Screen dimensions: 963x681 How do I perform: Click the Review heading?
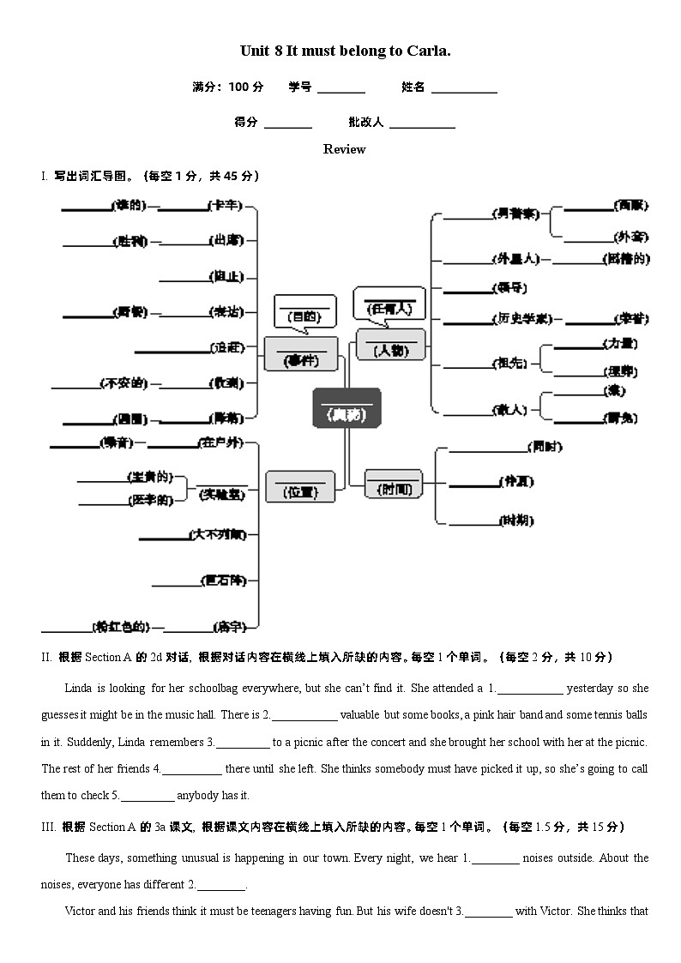tap(344, 149)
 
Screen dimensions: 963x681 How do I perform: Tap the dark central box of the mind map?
tap(347, 408)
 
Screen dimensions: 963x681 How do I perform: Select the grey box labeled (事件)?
tap(300, 354)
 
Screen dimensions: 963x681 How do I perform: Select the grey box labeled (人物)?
tap(390, 345)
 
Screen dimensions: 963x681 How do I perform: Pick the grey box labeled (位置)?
tap(300, 486)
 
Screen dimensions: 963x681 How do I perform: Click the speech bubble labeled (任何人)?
tap(389, 302)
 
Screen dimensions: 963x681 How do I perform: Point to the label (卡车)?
tap(226, 206)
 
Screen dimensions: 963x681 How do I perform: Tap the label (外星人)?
tap(515, 259)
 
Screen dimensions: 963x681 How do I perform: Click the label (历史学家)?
tap(521, 318)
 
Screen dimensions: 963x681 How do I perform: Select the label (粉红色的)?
tap(120, 626)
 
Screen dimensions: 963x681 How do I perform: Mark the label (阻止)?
tap(227, 276)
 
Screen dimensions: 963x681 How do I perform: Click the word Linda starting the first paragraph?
tap(78, 688)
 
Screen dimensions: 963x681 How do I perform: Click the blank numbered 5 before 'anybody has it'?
tap(147, 796)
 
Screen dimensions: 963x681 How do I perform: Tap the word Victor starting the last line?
tap(81, 911)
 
